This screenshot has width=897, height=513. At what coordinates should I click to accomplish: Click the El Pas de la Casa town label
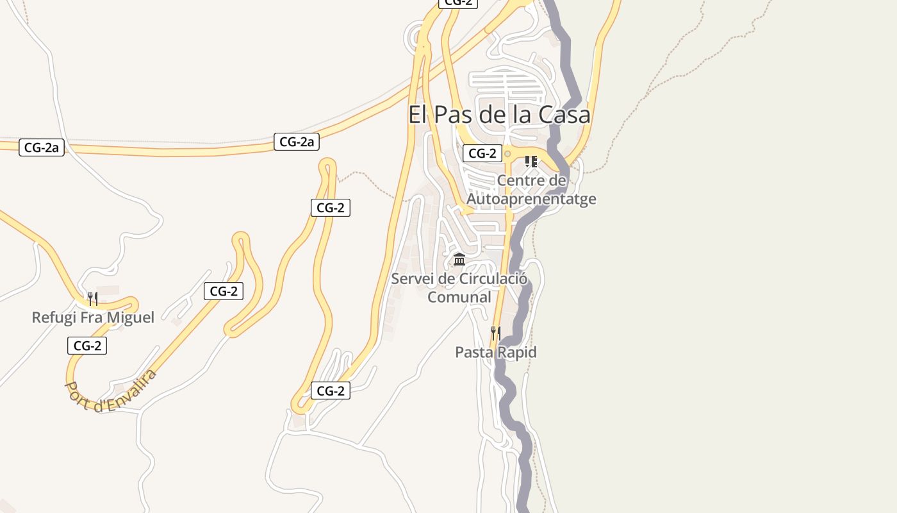click(499, 115)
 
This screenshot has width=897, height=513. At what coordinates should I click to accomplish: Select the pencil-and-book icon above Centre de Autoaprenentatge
click(531, 161)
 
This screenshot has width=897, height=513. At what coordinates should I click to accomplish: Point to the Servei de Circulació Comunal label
click(459, 288)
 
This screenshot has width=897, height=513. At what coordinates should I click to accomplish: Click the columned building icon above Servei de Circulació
click(459, 260)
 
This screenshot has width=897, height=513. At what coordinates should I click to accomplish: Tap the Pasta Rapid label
click(495, 352)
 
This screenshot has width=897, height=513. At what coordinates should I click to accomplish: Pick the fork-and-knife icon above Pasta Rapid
click(495, 332)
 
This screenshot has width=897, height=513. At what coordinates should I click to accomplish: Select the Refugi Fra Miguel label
click(93, 317)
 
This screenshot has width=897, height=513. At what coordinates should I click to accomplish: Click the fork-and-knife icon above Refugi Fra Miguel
click(93, 298)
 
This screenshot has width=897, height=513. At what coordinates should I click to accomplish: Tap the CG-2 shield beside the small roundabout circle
click(482, 153)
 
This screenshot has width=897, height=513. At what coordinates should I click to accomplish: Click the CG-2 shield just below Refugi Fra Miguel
click(87, 346)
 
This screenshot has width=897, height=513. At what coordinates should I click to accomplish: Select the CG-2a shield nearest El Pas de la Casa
click(297, 142)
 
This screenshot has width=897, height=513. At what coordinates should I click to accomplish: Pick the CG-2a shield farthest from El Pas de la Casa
click(42, 147)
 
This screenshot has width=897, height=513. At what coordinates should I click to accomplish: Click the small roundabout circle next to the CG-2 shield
click(507, 154)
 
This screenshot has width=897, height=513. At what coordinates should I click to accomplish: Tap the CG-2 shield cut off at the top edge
click(458, 3)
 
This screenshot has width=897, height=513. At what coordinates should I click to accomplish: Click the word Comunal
click(459, 297)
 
